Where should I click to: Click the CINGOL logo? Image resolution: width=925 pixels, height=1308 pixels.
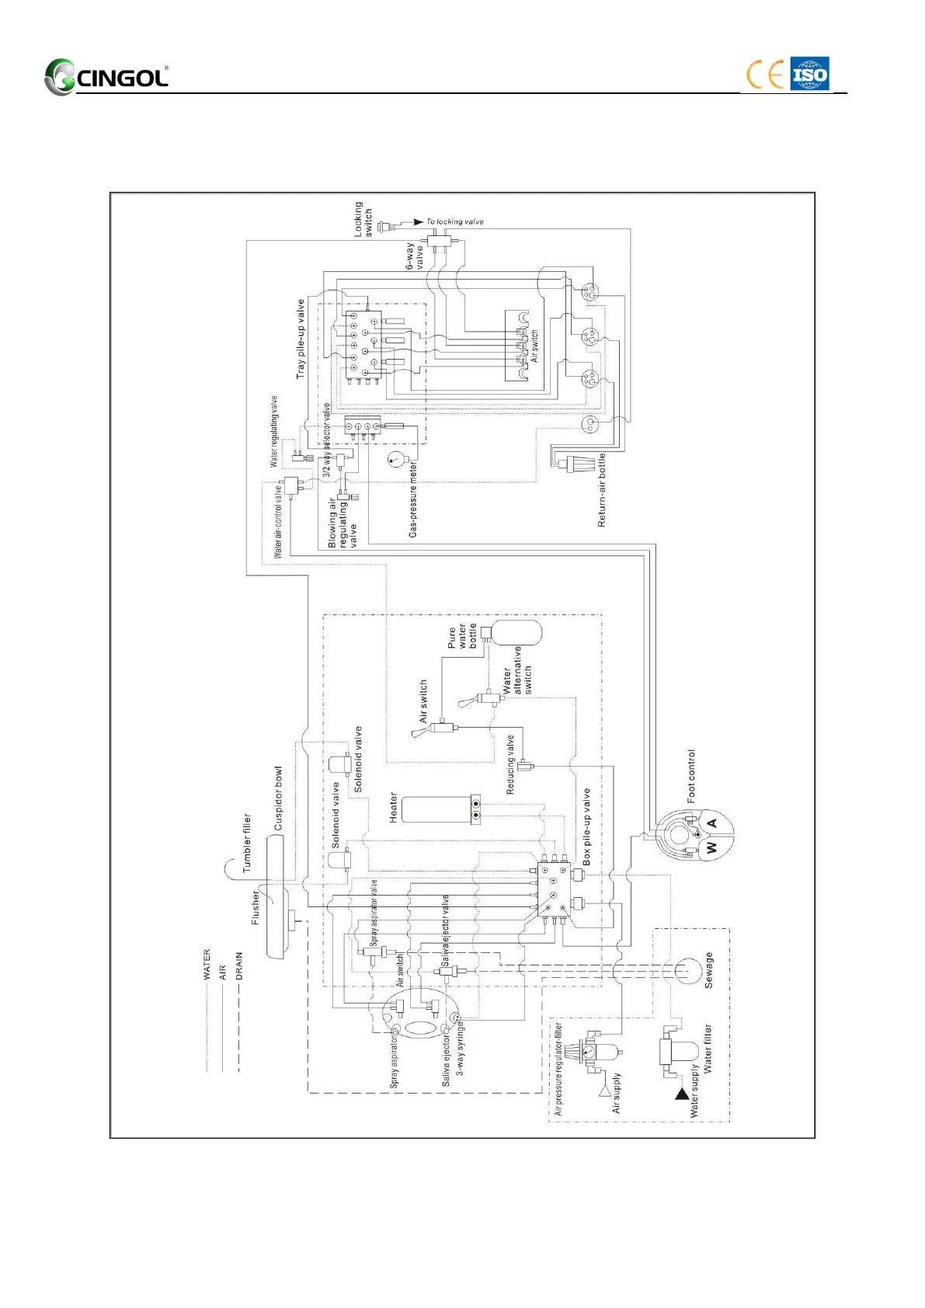[106, 77]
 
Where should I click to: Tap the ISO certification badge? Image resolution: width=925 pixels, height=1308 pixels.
[809, 75]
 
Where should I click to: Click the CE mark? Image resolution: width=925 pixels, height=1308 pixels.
[764, 75]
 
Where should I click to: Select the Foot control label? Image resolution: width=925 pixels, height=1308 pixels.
[691, 776]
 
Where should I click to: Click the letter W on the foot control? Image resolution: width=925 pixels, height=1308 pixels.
[711, 848]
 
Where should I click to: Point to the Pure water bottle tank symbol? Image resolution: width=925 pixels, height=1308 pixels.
[518, 632]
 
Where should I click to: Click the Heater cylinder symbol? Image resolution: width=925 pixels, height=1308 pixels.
[435, 809]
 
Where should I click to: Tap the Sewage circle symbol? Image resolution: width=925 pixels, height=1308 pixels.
[687, 971]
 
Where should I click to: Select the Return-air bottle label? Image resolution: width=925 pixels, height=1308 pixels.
[602, 492]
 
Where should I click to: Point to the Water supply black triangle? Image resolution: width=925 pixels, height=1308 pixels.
[682, 1094]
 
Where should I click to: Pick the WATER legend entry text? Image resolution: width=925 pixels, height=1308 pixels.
[207, 964]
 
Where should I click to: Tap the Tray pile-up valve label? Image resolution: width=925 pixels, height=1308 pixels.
[301, 339]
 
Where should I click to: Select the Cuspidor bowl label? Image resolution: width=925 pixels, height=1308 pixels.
[279, 798]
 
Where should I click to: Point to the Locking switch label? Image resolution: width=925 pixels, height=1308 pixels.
[363, 219]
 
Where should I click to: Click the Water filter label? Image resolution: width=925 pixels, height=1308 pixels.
[708, 1049]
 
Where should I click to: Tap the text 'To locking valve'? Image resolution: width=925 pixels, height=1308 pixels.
[455, 221]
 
